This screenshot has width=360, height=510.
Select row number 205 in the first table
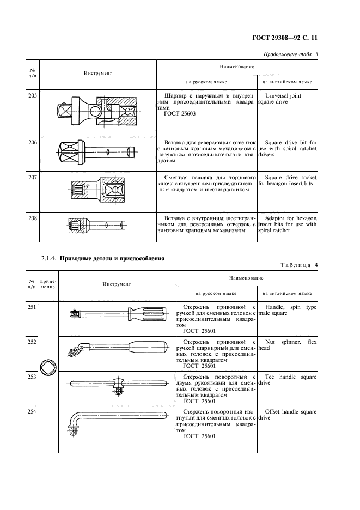[33, 96]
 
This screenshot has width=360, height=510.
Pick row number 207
[33, 178]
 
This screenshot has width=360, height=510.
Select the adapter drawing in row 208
[97, 224]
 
